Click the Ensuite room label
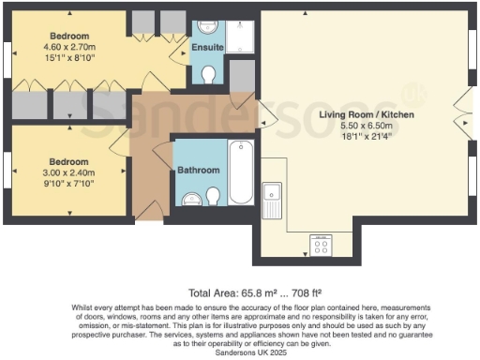point(206,47)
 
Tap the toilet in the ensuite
point(208,74)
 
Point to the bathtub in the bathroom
point(240,172)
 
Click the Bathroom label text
point(199,171)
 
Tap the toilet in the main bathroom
point(214,195)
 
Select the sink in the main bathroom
point(191,198)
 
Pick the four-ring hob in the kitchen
point(322,246)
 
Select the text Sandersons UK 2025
point(240,351)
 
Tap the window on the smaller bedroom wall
point(8,172)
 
